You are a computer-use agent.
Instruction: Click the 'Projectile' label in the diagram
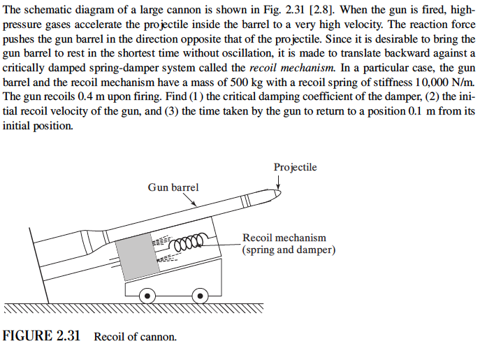click(295, 167)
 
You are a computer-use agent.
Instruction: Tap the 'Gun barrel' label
click(173, 187)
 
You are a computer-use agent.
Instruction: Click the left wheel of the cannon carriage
click(147, 296)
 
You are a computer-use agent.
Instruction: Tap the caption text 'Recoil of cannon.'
click(136, 337)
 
